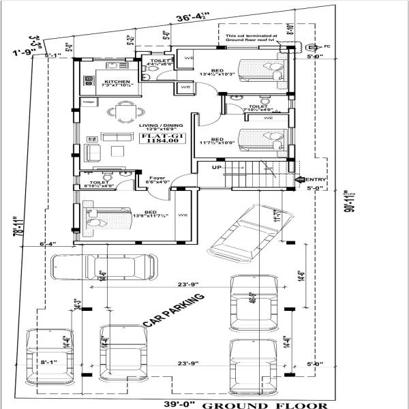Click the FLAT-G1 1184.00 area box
(x=153, y=139)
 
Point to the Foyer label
(x=156, y=179)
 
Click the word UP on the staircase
(x=217, y=167)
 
